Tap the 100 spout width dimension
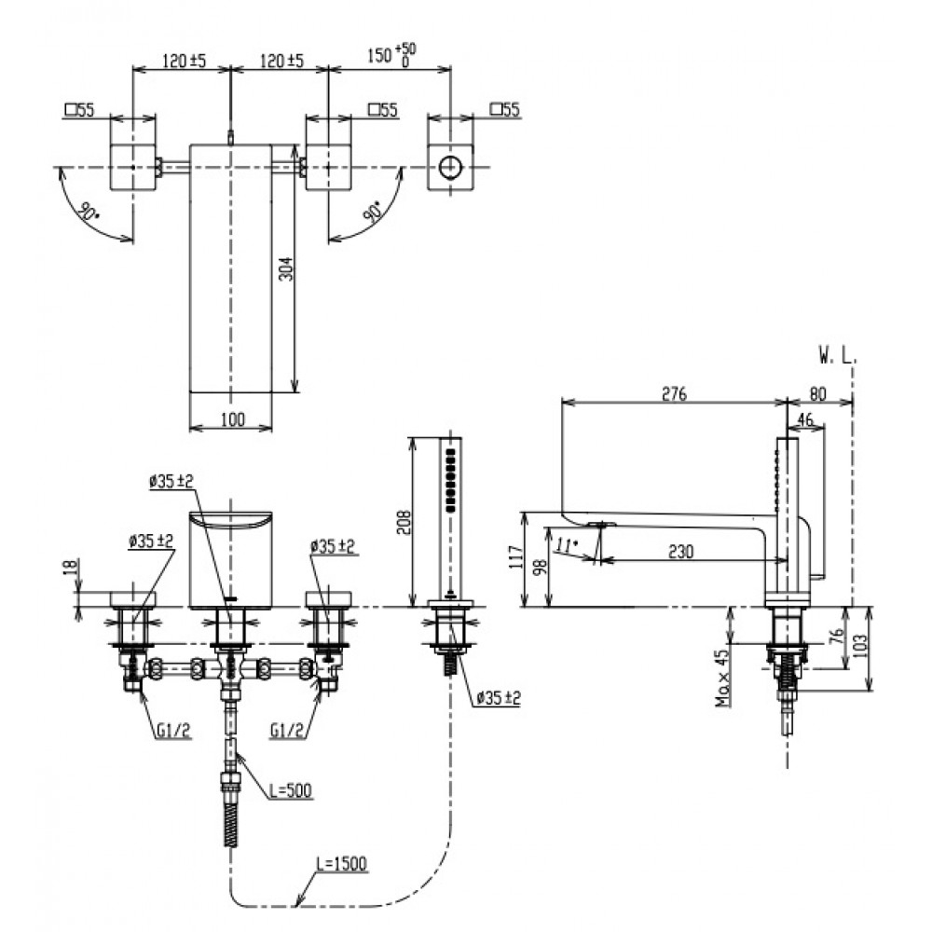(x=233, y=419)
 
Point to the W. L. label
(x=837, y=356)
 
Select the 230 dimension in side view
(x=681, y=552)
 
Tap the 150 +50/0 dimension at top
(x=390, y=55)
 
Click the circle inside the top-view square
(x=450, y=168)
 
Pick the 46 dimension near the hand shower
(x=806, y=420)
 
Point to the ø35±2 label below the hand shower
(x=496, y=697)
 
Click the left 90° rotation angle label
(x=87, y=212)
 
